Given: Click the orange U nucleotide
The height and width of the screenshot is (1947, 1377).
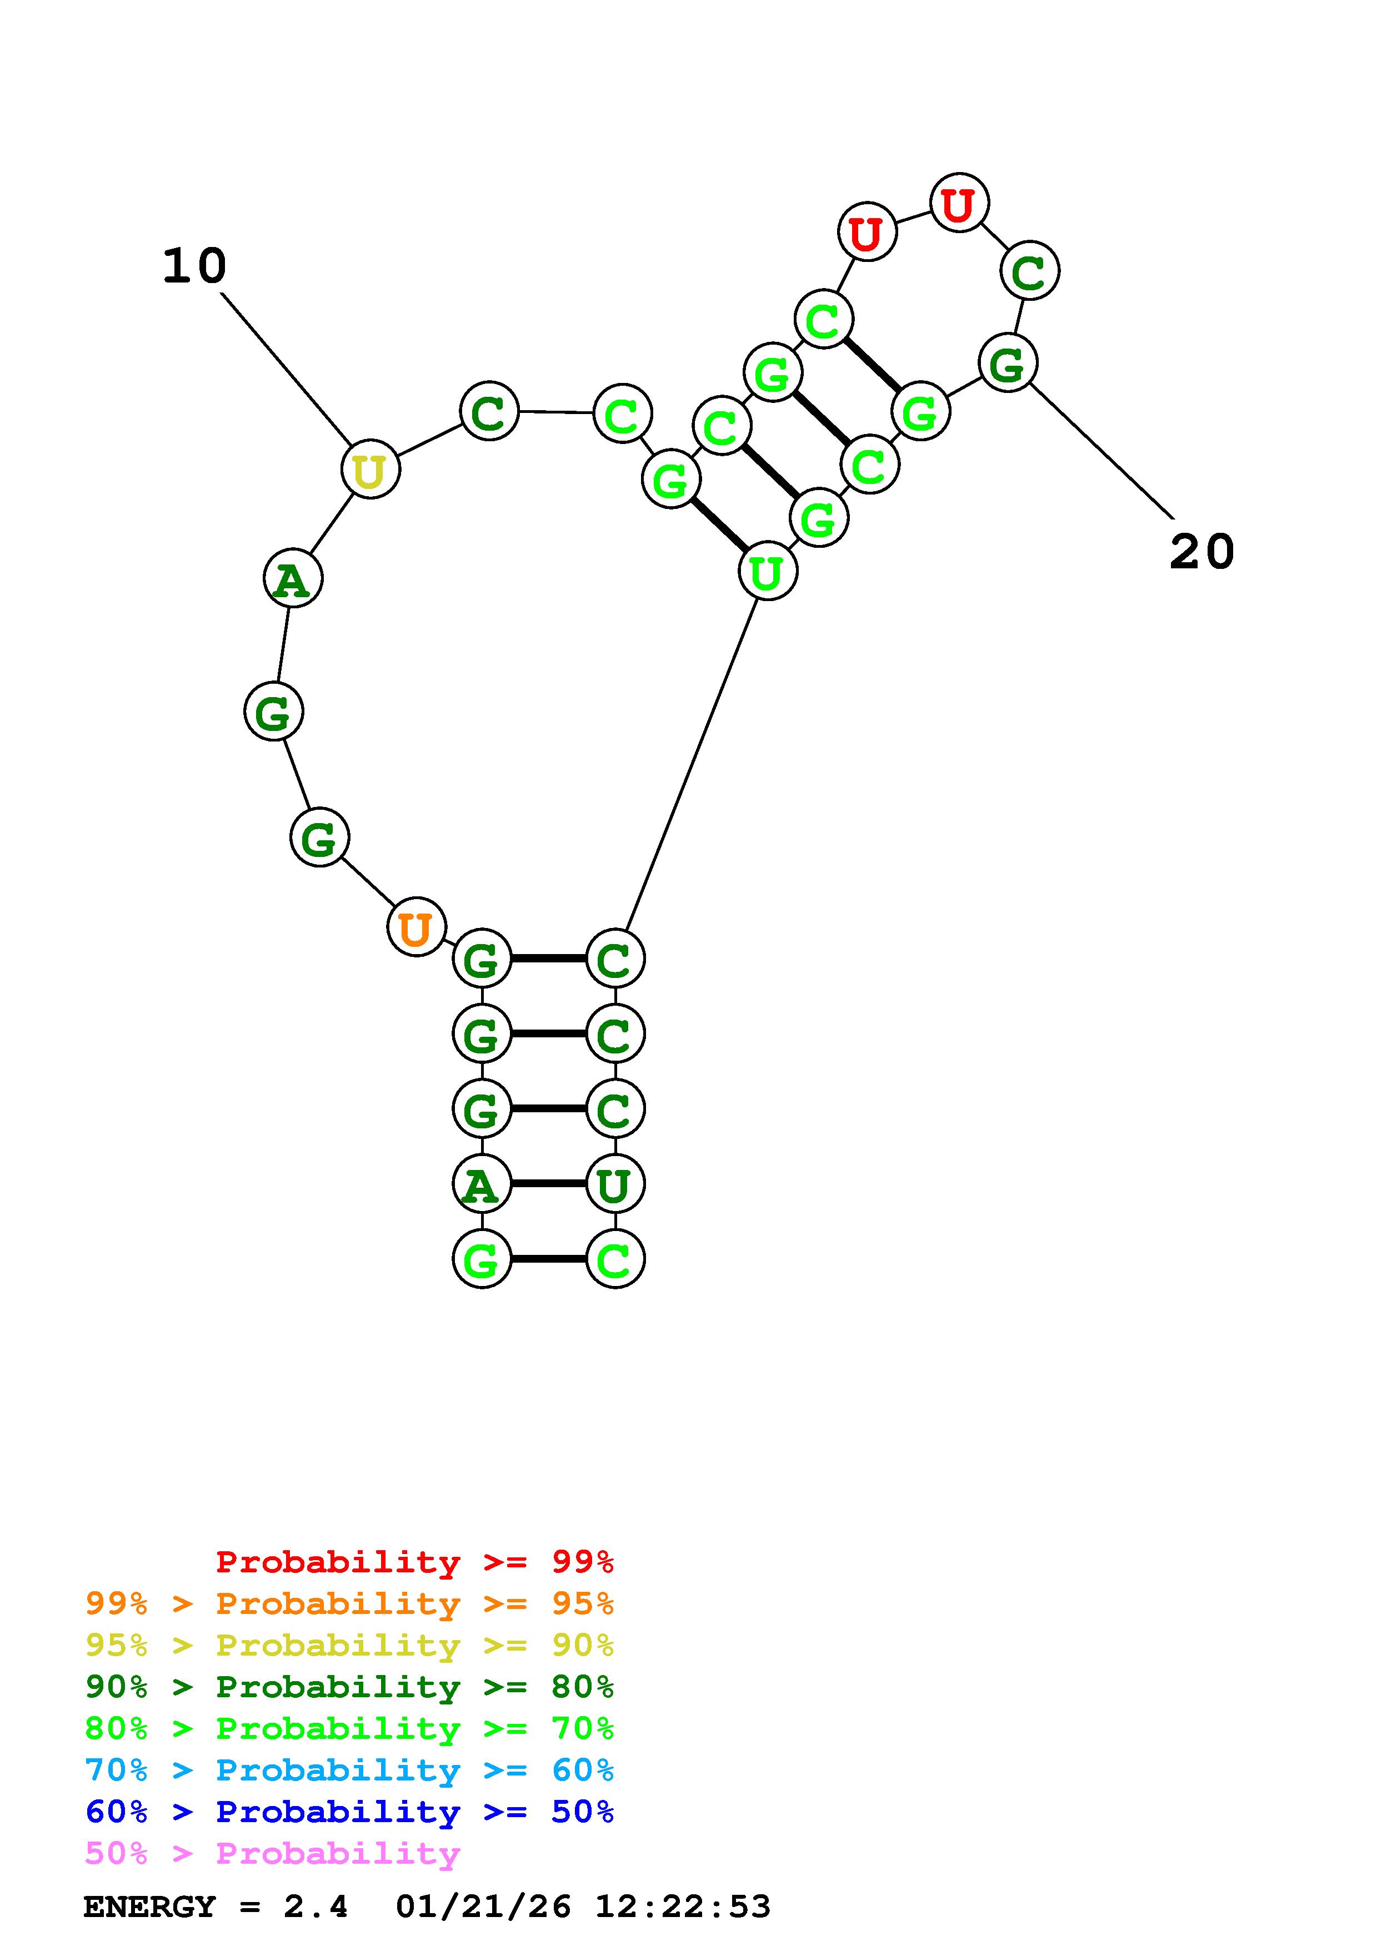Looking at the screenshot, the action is pyautogui.click(x=415, y=927).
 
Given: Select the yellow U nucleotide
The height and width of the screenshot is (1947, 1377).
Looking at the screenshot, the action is pyautogui.click(x=370, y=469).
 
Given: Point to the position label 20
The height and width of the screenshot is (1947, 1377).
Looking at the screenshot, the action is pyautogui.click(x=1201, y=552).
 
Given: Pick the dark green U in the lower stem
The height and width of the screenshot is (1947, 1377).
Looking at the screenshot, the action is pyautogui.click(x=614, y=1184).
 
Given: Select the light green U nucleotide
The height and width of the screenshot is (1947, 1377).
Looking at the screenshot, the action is pyautogui.click(x=767, y=572).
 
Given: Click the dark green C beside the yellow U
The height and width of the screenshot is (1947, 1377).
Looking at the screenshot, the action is pyautogui.click(x=489, y=412).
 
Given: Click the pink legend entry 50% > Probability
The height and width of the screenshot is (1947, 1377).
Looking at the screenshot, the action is pyautogui.click(x=272, y=1854).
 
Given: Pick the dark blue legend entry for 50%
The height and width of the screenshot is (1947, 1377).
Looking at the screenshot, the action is pyautogui.click(x=349, y=1812).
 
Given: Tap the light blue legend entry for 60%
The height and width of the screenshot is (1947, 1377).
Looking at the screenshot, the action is pyautogui.click(x=349, y=1770).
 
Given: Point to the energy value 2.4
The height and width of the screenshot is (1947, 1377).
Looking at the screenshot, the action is pyautogui.click(x=316, y=1907).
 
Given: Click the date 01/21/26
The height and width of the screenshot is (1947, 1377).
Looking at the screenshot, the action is pyautogui.click(x=483, y=1907).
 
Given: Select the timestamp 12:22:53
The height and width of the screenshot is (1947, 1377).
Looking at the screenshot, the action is pyautogui.click(x=683, y=1907).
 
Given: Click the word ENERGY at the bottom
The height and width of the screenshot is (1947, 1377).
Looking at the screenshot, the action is pyautogui.click(x=149, y=1907).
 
